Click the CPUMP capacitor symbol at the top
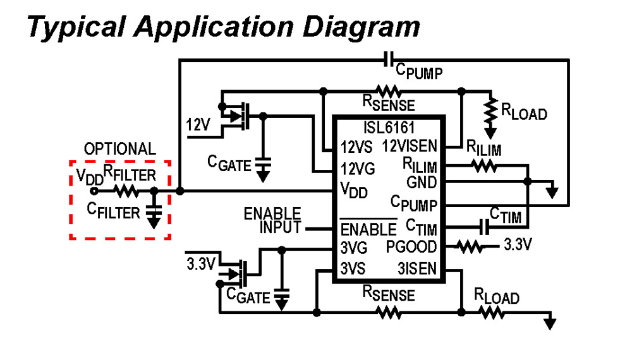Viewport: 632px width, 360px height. point(391,60)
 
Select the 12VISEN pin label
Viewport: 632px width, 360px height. point(409,147)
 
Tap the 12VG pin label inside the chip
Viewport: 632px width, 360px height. point(358,169)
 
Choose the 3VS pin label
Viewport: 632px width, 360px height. point(353,268)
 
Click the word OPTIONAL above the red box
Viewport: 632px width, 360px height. point(119,149)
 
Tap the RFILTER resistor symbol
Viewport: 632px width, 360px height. point(126,190)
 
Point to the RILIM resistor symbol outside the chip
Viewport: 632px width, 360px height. point(484,167)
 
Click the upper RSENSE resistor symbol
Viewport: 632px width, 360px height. point(388,91)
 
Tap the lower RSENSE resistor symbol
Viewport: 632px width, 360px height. point(388,311)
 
